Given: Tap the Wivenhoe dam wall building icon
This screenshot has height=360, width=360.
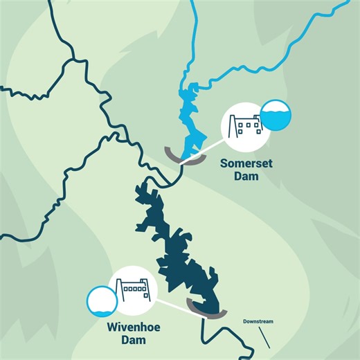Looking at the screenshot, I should point(133,289).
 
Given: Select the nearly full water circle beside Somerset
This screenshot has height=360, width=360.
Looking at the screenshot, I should point(275,116).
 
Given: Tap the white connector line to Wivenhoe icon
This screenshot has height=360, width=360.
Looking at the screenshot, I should point(173,305).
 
